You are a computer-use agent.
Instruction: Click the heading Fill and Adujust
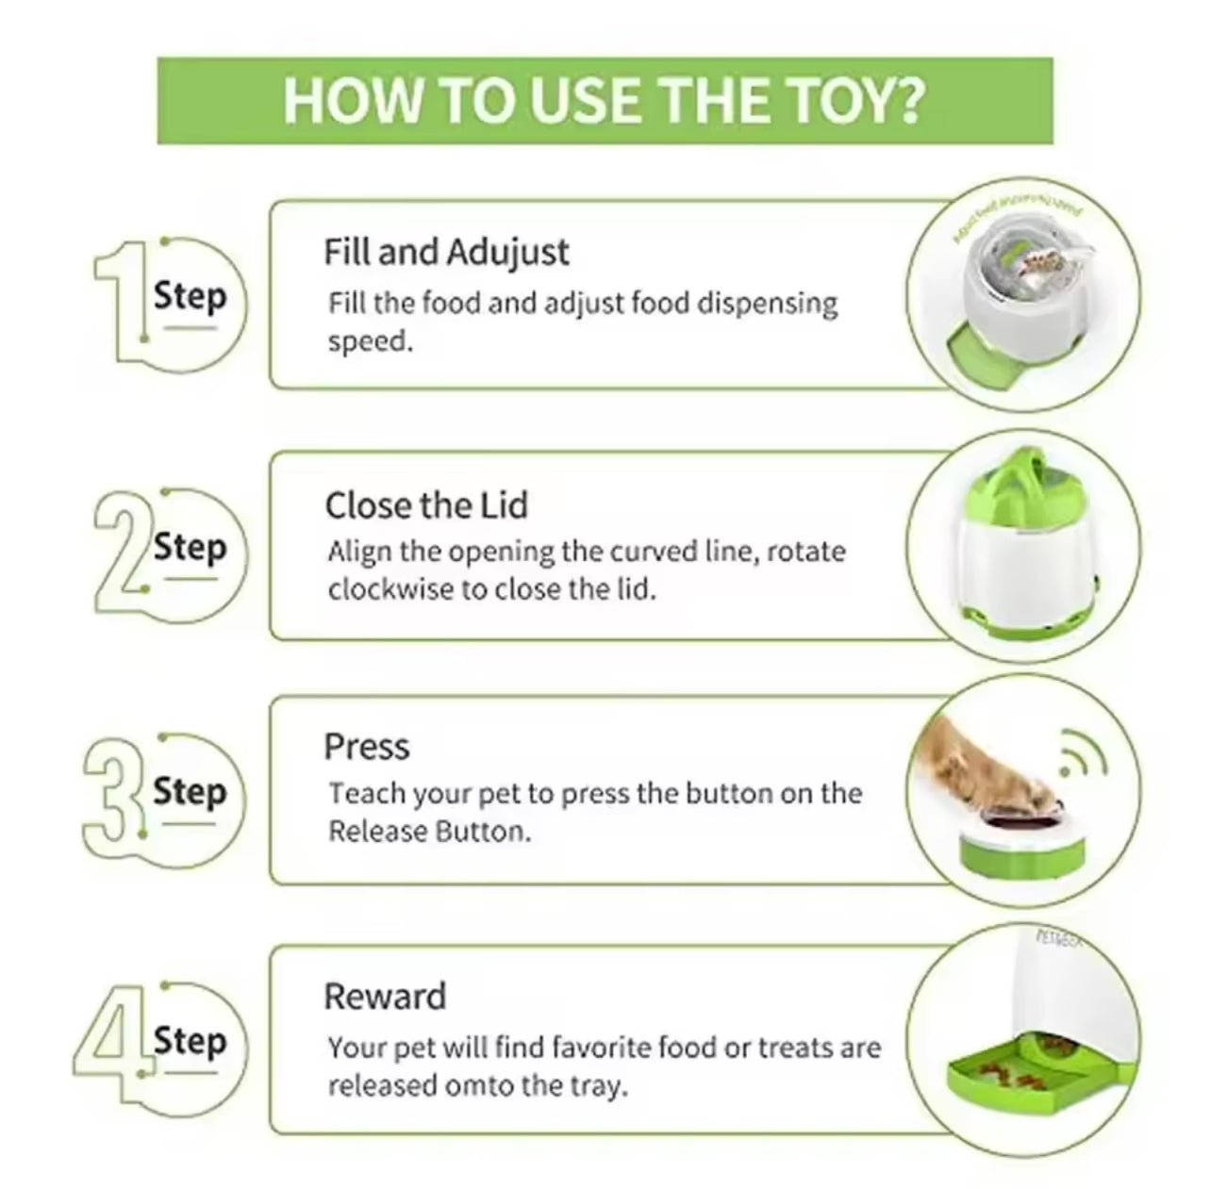[446, 253]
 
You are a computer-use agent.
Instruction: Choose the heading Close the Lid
[426, 505]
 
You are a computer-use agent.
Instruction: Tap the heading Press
[367, 747]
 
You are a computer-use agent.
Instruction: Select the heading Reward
[385, 997]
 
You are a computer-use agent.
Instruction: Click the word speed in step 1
[371, 341]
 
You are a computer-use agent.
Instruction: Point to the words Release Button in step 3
[427, 833]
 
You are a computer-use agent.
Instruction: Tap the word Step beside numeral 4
[191, 1042]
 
